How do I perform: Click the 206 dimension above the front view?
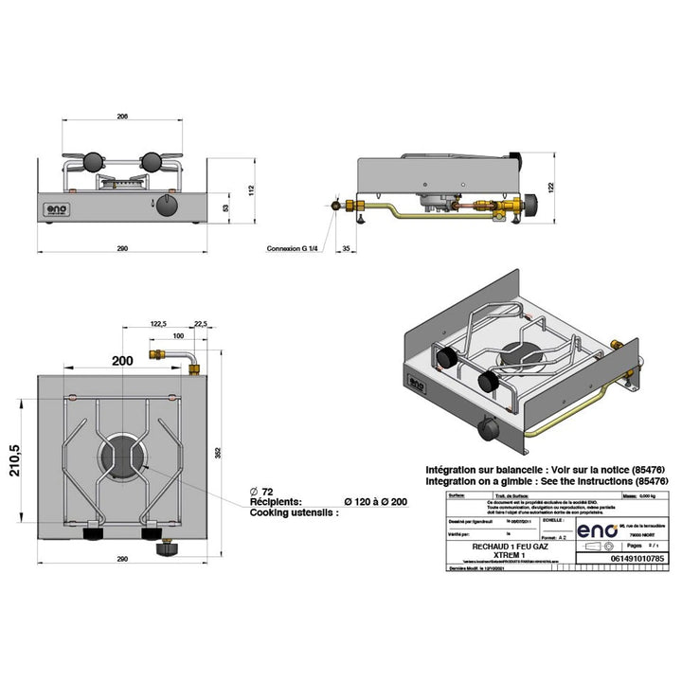(122, 117)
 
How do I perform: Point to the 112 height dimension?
(252, 189)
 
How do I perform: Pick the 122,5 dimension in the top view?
(157, 323)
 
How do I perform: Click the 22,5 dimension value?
(200, 323)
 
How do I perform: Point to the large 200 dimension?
(122, 361)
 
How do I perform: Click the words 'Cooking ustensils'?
(292, 512)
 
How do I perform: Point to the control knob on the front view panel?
(168, 206)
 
